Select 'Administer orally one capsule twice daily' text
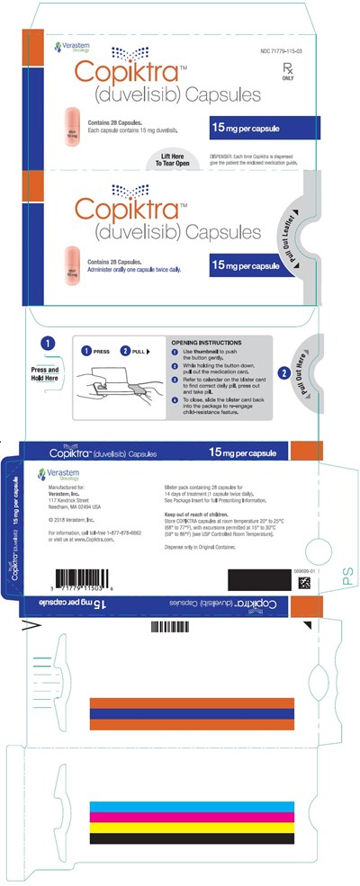click(x=133, y=270)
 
